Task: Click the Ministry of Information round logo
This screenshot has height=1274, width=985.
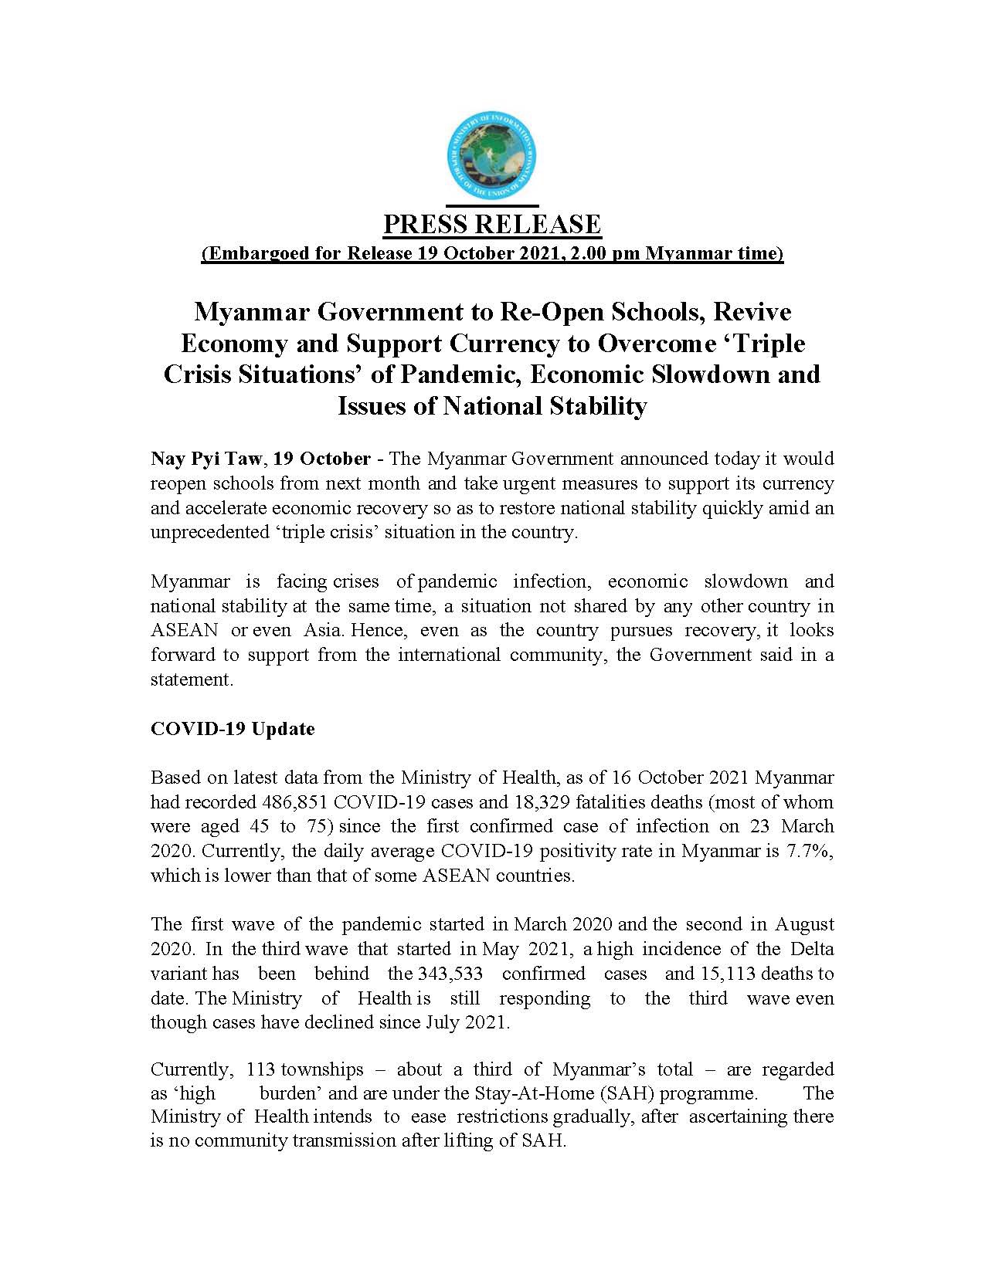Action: coord(492,157)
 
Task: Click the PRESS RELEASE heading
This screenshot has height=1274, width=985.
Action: coord(492,225)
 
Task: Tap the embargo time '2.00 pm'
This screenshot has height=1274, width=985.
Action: coord(591,254)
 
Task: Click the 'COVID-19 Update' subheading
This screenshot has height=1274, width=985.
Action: coord(233,729)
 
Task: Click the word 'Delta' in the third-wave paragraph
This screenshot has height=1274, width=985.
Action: coord(811,949)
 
